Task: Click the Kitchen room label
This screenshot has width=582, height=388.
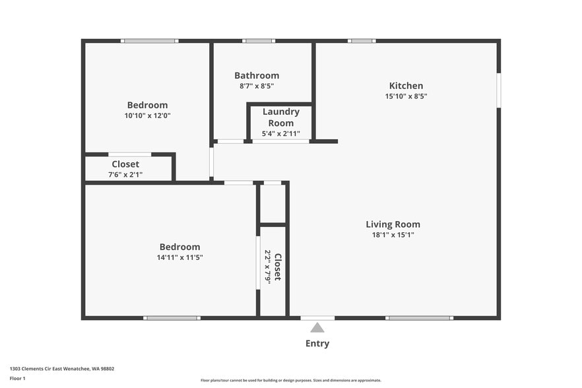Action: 406,86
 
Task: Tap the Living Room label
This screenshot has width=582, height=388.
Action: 393,224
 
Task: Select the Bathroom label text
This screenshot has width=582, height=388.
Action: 257,76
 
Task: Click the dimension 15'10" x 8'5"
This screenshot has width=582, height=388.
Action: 406,96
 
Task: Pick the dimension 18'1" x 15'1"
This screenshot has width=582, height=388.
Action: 393,235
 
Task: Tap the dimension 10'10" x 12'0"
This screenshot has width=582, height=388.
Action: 147,115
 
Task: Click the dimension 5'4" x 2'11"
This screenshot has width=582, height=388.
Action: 281,133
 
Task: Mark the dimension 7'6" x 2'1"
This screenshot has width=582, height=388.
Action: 125,175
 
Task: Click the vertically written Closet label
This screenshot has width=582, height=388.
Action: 278,267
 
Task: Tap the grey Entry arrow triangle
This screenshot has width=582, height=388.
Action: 317,327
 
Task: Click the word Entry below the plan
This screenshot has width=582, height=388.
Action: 317,343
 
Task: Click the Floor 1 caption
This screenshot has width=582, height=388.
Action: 17,378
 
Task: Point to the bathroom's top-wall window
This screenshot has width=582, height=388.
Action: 259,41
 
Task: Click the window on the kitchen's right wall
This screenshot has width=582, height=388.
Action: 499,90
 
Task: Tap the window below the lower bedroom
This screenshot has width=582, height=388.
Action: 172,318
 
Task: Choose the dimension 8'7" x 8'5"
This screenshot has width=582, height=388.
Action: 257,86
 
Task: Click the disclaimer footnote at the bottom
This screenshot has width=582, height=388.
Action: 290,380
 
